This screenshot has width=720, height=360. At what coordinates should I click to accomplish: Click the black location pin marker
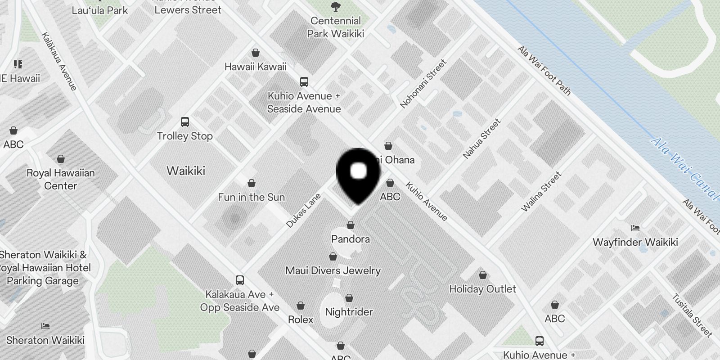(358, 175)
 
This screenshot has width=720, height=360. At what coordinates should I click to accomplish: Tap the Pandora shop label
(350, 239)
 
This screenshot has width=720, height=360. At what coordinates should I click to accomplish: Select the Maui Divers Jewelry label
(333, 270)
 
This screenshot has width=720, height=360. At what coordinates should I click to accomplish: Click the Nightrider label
(349, 312)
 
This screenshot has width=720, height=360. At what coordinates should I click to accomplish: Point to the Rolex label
(300, 319)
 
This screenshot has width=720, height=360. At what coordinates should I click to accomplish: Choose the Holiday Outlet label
(482, 289)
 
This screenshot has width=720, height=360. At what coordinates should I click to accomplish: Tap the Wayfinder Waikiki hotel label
(635, 242)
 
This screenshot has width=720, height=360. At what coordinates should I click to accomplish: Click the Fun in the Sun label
(251, 197)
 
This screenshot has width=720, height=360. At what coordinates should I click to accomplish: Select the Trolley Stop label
(184, 136)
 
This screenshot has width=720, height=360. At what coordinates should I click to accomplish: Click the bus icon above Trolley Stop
(184, 122)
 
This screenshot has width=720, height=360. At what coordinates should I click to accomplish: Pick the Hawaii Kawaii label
(255, 67)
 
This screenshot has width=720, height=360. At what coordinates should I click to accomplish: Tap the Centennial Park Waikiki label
(336, 27)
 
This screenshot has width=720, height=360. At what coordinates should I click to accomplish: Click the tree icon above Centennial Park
(335, 7)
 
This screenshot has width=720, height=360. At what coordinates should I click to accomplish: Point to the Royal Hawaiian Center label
(60, 179)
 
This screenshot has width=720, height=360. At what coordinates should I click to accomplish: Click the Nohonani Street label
(423, 84)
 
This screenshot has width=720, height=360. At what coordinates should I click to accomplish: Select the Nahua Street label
(481, 139)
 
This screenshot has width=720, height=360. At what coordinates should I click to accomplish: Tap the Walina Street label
(541, 191)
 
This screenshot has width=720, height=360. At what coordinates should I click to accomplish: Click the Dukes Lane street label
(303, 210)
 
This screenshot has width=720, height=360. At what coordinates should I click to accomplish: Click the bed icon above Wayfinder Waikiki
(635, 228)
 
